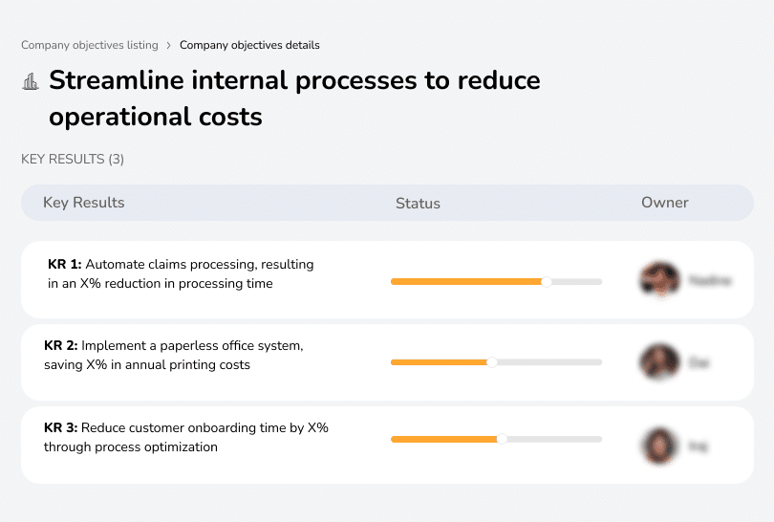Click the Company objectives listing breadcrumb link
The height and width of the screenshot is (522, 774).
(89, 45)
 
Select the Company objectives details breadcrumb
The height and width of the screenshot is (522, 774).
(249, 45)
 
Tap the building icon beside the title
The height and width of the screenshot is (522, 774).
(31, 81)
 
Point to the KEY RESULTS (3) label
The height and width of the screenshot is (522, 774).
(73, 159)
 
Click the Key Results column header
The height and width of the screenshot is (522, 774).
(83, 203)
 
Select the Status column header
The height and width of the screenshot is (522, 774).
(418, 203)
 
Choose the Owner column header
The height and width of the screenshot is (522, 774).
(664, 203)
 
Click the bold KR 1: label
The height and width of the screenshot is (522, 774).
(64, 264)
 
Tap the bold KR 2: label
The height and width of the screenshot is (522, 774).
(61, 346)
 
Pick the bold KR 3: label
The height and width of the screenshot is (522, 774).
(61, 428)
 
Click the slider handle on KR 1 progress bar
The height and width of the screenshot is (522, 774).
(547, 281)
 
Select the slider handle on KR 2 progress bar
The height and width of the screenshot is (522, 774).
(492, 362)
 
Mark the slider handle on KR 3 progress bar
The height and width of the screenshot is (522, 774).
(502, 439)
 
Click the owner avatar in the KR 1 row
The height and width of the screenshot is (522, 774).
(658, 280)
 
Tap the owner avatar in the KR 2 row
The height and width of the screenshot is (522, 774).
(658, 362)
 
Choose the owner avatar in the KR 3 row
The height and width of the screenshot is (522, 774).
(658, 446)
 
